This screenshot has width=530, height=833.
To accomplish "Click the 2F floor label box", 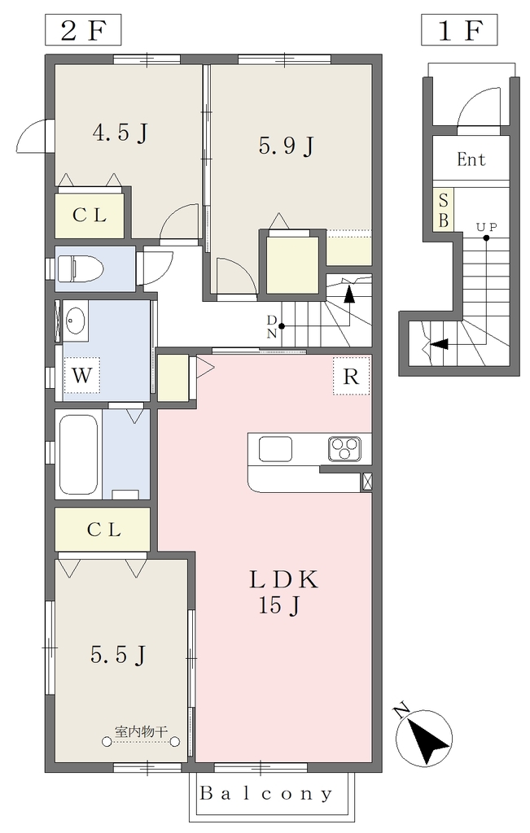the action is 83,30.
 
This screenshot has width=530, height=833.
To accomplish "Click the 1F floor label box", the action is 459,30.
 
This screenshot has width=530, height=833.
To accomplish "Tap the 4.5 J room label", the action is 120,133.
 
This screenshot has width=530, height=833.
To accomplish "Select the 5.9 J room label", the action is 287,145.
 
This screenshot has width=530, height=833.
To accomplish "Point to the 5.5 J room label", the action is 118,655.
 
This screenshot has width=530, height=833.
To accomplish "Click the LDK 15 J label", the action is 284,592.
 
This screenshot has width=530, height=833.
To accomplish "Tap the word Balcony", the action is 265,794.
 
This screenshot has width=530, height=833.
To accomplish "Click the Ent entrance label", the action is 471,159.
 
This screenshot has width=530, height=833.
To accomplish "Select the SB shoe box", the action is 444,209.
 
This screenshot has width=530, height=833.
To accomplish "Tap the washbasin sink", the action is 76,321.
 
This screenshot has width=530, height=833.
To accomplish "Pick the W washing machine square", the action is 82,375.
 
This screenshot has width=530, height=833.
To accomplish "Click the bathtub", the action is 78,454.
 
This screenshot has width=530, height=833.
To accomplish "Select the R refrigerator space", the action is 352,376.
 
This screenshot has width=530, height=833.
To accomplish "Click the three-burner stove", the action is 344,449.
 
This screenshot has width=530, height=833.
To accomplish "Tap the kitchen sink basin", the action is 275,449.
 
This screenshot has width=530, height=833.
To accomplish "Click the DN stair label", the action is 272,327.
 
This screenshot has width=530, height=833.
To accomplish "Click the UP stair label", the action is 486,228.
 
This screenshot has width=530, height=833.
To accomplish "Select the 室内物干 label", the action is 142,732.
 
